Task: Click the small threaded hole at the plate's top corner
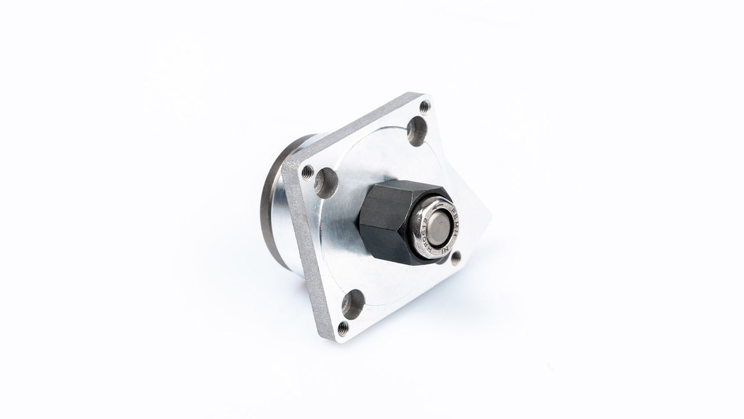(x=425, y=106)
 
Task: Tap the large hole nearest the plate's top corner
(x=416, y=130)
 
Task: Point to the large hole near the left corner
(x=326, y=183)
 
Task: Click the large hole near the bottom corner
(x=353, y=304)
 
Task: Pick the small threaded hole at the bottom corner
(x=343, y=329)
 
